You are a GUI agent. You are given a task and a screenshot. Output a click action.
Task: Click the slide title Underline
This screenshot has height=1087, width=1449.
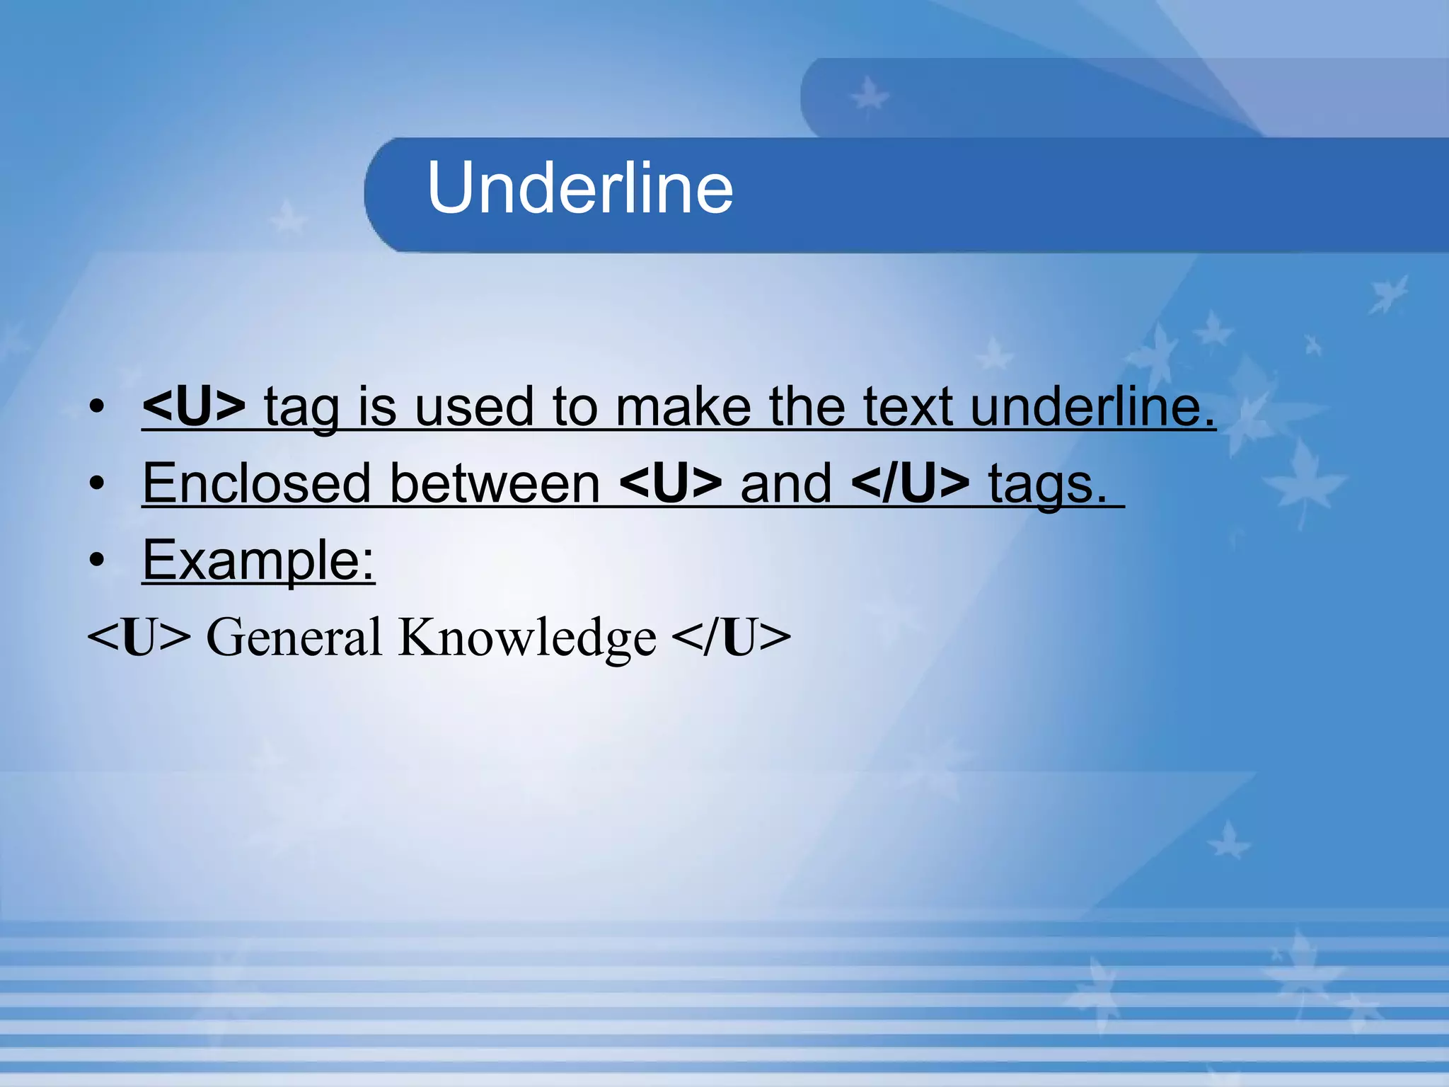click(580, 188)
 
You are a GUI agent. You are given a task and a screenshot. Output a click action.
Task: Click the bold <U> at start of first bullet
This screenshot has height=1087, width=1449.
click(193, 407)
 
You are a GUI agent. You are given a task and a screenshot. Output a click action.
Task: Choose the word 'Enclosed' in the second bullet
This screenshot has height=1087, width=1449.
click(257, 483)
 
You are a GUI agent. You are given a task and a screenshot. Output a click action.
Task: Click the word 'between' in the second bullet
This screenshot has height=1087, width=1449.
click(495, 483)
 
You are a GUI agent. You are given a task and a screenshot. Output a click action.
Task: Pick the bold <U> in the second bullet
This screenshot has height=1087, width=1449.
click(670, 483)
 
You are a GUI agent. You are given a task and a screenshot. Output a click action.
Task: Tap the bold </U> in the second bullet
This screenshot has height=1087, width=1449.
click(911, 483)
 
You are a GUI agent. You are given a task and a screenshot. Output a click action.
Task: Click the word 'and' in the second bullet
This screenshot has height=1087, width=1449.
click(786, 483)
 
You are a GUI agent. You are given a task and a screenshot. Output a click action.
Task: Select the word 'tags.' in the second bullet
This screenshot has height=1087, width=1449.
click(1047, 485)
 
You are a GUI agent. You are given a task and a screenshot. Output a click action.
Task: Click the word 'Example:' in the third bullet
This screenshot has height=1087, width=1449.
click(258, 560)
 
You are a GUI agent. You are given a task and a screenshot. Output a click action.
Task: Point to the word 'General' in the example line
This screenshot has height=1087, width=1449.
click(294, 637)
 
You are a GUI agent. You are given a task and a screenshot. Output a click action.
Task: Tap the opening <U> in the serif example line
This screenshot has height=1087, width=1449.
click(139, 637)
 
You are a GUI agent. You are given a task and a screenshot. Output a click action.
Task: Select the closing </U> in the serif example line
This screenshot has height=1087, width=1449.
click(731, 637)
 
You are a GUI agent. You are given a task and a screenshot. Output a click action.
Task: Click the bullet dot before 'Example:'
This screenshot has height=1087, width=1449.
click(97, 560)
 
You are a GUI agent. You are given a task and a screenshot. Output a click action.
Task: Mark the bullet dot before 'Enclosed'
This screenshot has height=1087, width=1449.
click(97, 484)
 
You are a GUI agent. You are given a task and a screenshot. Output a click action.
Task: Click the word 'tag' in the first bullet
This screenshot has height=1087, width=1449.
click(301, 409)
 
